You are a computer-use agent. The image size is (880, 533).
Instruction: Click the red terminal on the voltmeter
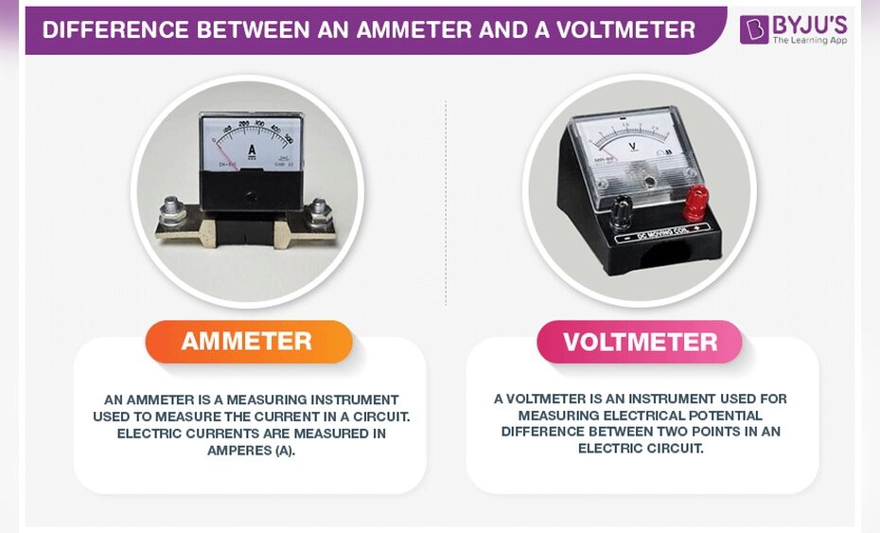[x=696, y=200]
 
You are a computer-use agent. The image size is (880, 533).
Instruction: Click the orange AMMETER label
[x=247, y=342]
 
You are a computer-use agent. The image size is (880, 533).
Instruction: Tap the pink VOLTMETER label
[x=640, y=342]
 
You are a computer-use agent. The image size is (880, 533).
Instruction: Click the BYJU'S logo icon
[x=754, y=29]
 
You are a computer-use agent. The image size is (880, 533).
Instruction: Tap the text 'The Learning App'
[x=809, y=41]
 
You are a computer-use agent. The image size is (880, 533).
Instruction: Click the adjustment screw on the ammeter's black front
[x=251, y=196]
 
